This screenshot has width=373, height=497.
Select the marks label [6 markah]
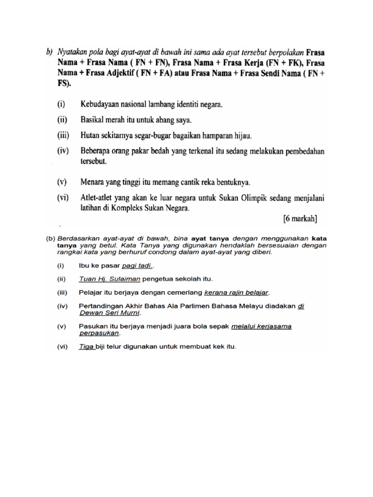click(300, 219)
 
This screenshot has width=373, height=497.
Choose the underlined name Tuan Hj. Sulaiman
click(109, 279)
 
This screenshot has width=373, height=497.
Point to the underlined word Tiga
click(86, 347)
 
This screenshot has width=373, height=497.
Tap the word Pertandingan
click(102, 306)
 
